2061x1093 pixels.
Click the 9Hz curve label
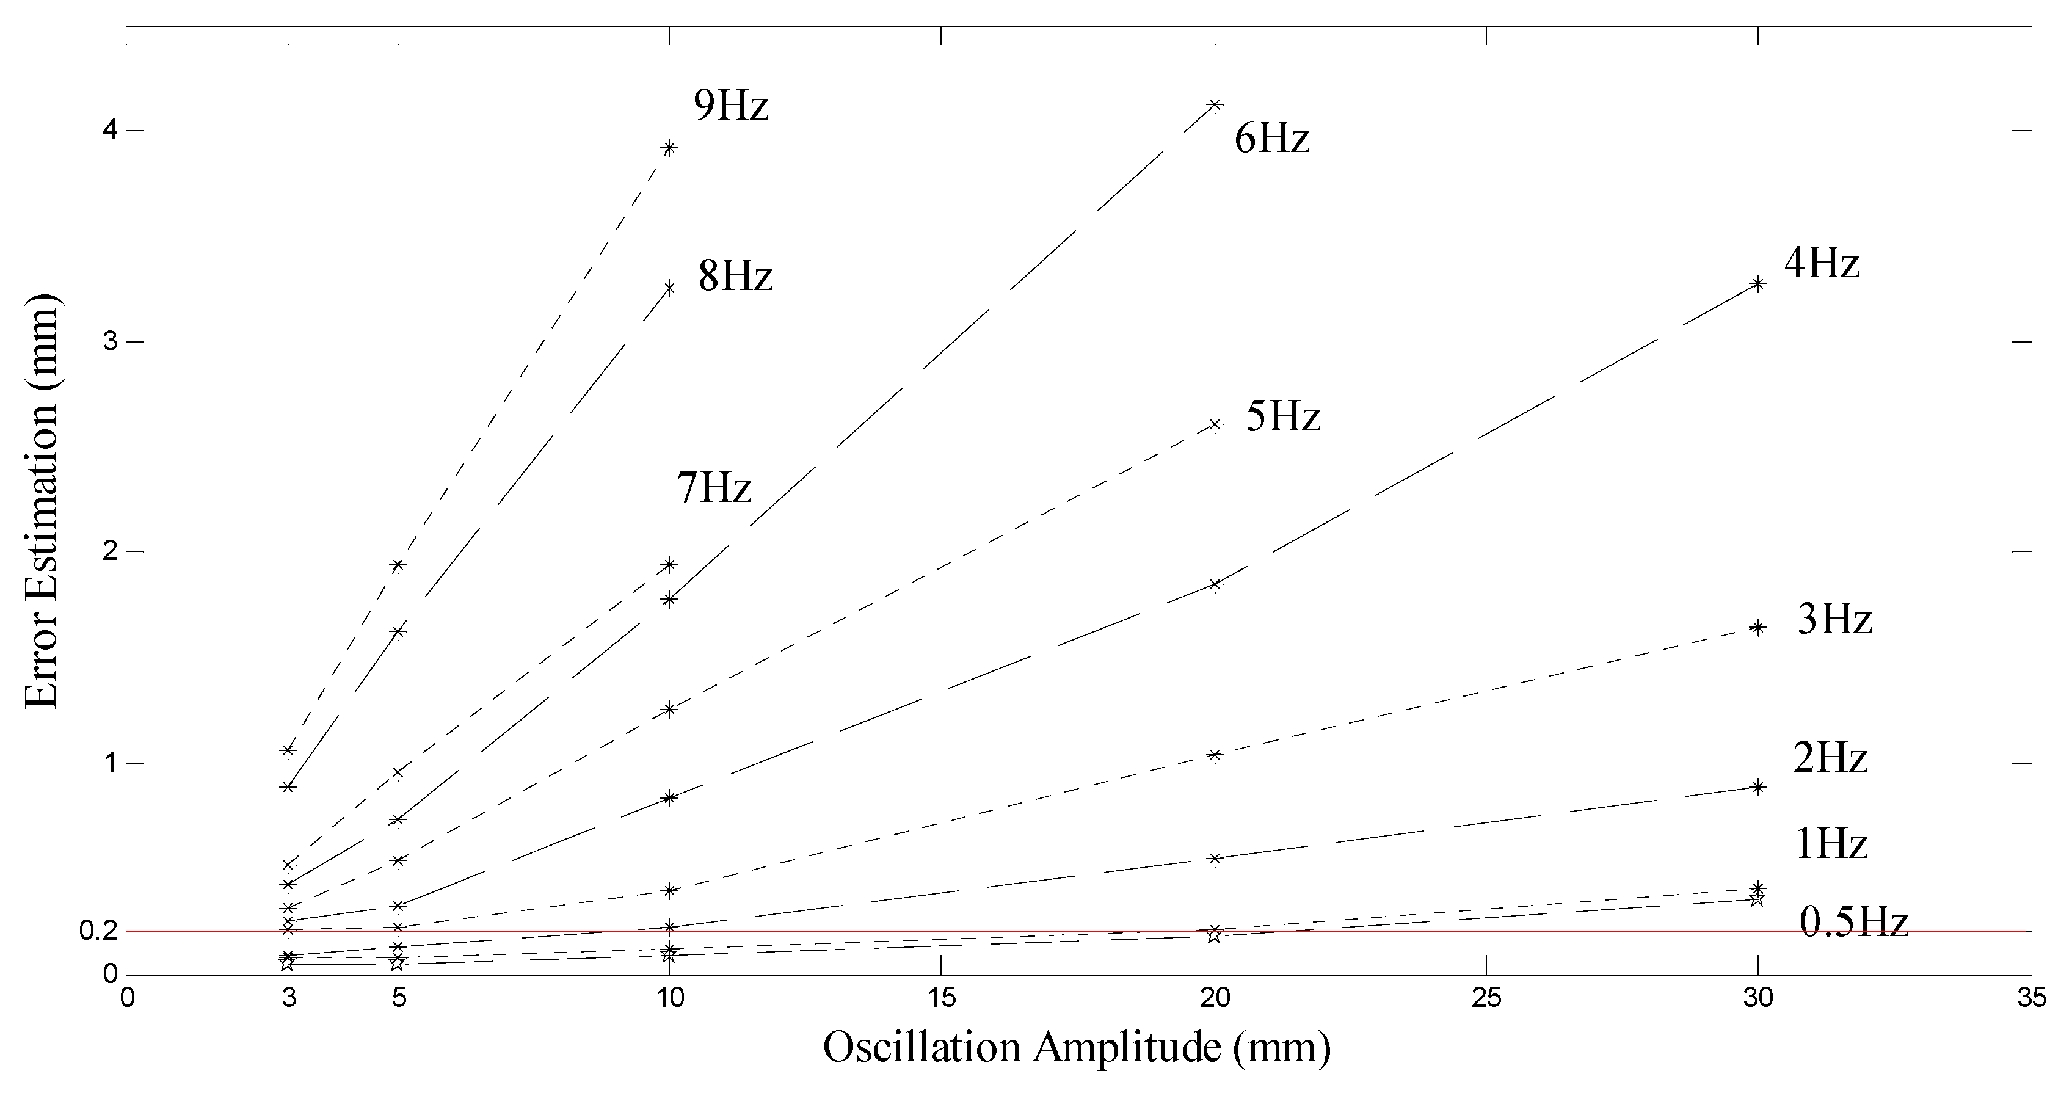(730, 105)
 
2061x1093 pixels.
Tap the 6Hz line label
(1271, 139)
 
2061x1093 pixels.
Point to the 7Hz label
(714, 487)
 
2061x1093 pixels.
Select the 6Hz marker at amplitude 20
(1215, 105)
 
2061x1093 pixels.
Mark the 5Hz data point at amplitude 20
(1215, 424)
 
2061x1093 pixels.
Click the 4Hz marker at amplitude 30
(1757, 284)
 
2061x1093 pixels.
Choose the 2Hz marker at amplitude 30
(1757, 786)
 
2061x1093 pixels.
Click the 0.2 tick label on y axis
(99, 931)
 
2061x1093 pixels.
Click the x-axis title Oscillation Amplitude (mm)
(1076, 1047)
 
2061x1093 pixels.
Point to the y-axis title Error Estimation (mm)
(42, 500)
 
